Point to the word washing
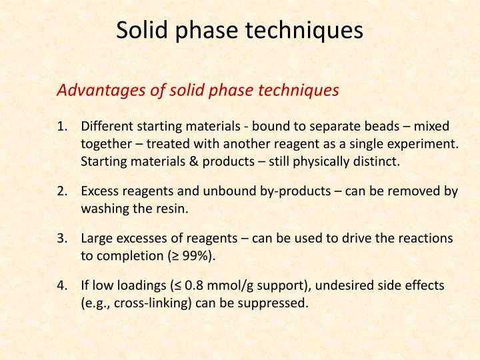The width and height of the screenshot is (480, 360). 103,209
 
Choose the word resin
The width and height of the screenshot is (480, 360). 173,209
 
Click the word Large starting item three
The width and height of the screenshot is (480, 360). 97,239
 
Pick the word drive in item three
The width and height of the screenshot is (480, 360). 368,239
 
